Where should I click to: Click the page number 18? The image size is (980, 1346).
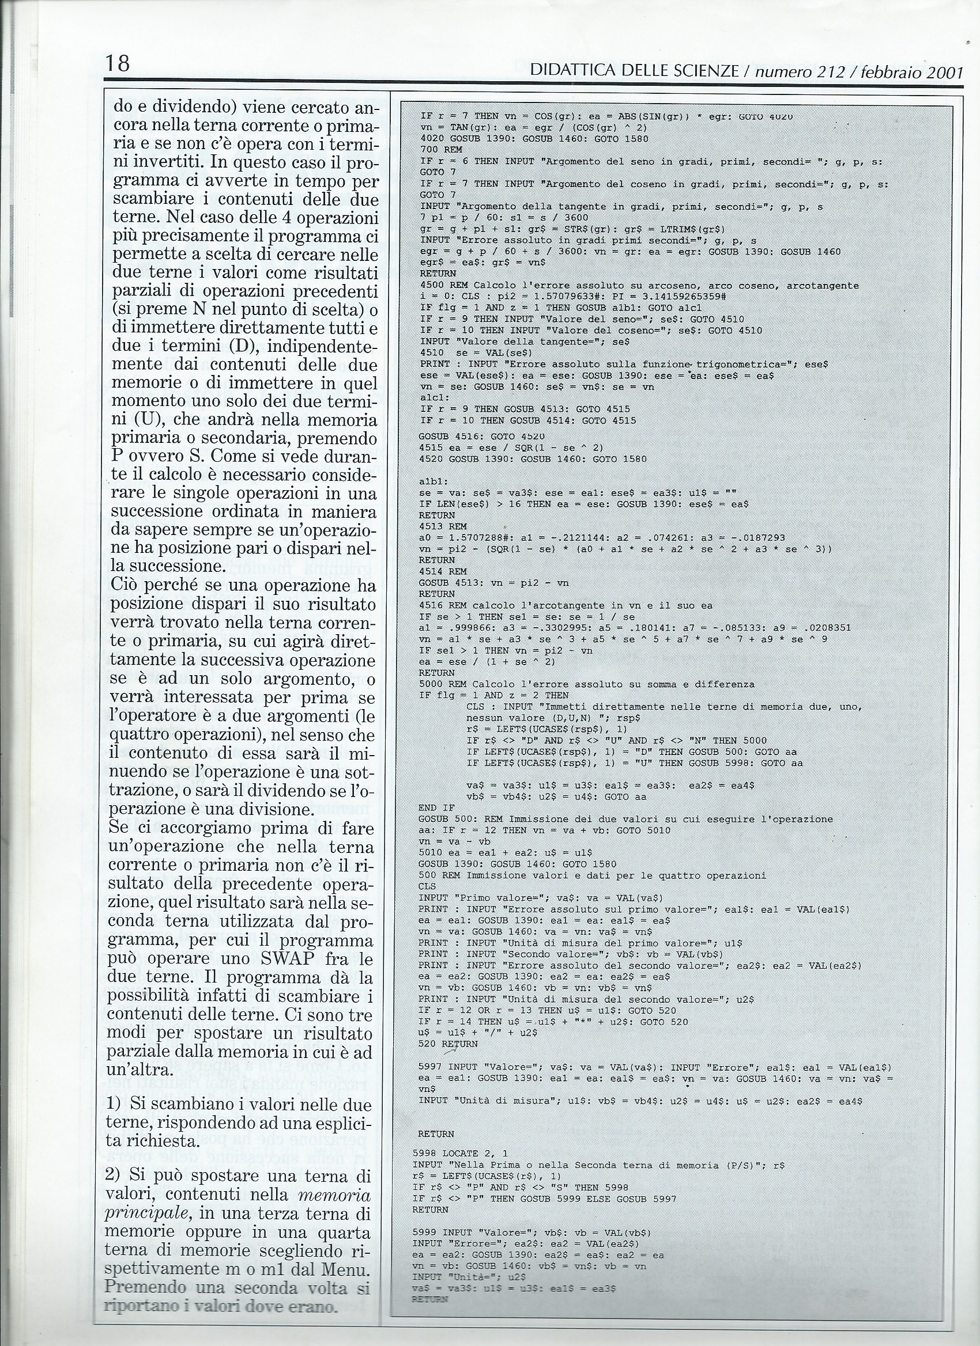coord(119,62)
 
